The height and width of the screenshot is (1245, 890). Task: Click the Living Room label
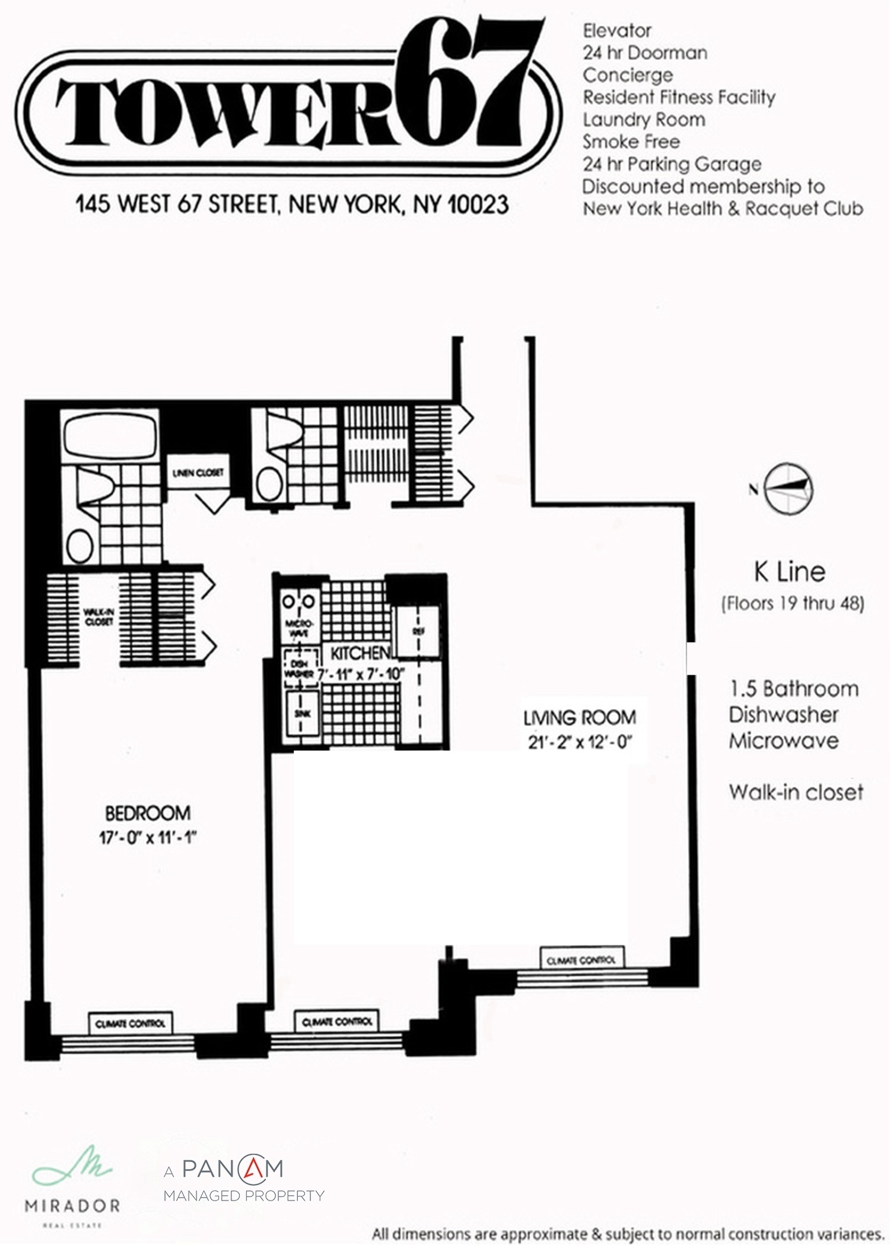(x=580, y=718)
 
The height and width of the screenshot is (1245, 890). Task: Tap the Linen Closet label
(x=198, y=473)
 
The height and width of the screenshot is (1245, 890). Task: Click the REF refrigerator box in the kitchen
(x=418, y=632)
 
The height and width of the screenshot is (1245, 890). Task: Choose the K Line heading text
(x=789, y=572)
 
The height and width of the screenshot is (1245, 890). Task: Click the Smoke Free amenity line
(x=631, y=142)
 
